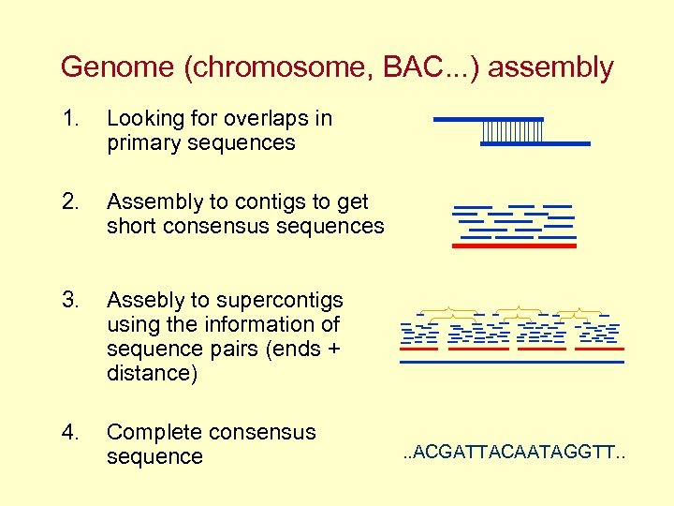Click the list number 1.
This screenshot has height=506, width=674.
(x=69, y=119)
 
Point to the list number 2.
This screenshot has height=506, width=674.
(x=69, y=202)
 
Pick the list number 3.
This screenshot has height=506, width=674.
(x=69, y=301)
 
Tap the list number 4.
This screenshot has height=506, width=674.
(x=69, y=433)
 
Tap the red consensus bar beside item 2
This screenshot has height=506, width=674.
(x=514, y=246)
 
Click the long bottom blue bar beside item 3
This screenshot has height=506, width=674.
(x=511, y=361)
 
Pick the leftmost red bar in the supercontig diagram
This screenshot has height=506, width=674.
(x=418, y=349)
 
